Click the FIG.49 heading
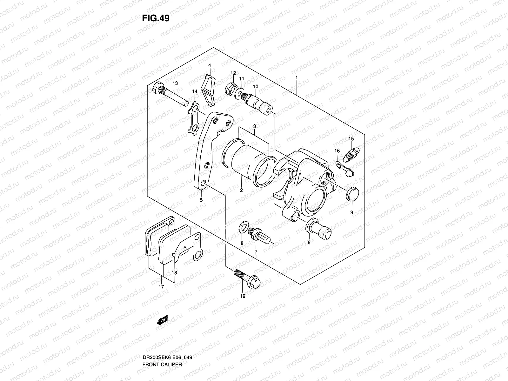coord(156,18)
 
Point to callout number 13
coord(175,83)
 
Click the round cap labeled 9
coord(352,194)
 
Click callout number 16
coord(337,150)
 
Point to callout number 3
coord(255,126)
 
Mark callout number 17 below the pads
coord(161,287)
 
